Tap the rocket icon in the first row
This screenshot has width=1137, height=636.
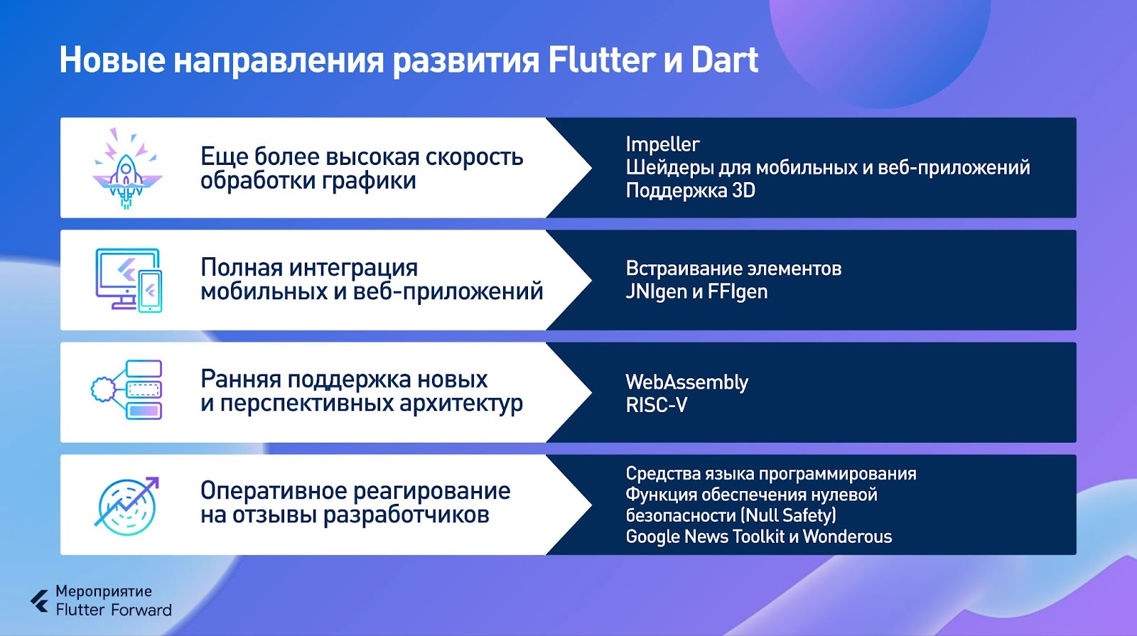127,168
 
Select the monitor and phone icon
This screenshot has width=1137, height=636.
129,280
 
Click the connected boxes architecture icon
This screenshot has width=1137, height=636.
126,390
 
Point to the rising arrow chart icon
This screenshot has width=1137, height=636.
127,506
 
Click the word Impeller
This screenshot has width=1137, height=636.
662,145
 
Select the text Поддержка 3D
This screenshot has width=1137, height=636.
690,191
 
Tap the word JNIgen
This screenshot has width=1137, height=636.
657,292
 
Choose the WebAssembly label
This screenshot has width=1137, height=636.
686,382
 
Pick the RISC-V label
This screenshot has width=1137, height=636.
657,405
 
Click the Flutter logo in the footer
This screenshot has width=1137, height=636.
40,601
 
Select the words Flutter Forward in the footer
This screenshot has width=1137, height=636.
114,610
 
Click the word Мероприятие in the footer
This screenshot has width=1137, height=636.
104,591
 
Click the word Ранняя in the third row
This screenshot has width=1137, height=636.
241,379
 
